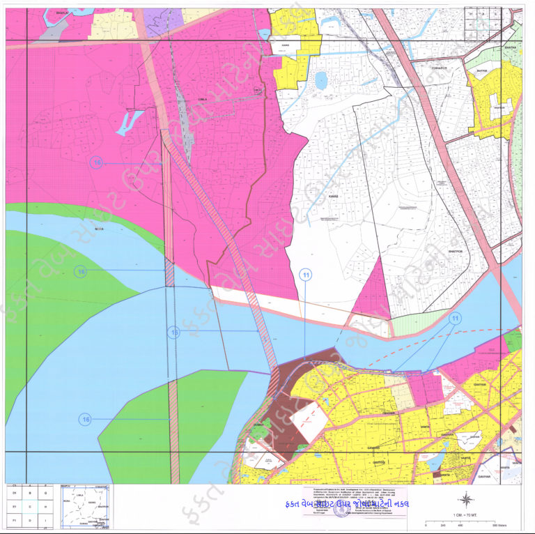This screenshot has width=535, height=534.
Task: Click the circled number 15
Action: (x=174, y=332)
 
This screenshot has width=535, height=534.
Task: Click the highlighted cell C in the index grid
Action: (x=29, y=506)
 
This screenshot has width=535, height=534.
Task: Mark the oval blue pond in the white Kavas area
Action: (x=321, y=81)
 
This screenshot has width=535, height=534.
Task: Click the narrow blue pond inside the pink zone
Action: (x=130, y=122)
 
